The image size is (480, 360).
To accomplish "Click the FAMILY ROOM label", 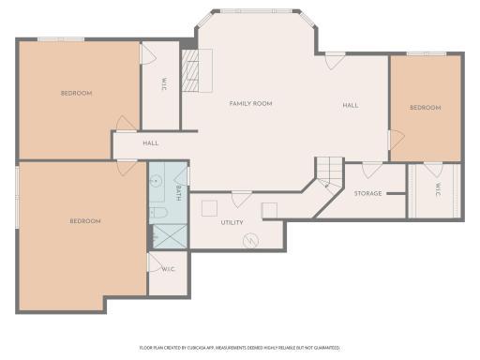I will [x=250, y=103].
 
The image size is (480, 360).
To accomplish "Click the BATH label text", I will [x=178, y=192].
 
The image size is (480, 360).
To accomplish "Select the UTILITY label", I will [x=232, y=222].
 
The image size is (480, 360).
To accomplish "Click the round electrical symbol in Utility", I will [x=250, y=241].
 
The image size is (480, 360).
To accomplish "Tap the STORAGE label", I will [x=367, y=193].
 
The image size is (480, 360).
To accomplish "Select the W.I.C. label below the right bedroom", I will [x=437, y=188].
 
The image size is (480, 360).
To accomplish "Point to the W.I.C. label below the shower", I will [x=168, y=269].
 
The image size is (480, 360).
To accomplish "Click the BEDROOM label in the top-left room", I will [x=76, y=93].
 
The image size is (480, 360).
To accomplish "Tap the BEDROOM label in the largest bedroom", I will [x=84, y=221].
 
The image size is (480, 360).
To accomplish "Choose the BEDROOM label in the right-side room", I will [x=425, y=108].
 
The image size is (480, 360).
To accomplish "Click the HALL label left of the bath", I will [x=150, y=143].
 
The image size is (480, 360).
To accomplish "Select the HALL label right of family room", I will [x=350, y=105].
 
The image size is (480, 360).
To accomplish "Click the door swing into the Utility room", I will [x=241, y=198].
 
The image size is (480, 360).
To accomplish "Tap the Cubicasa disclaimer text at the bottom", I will [x=239, y=347].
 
